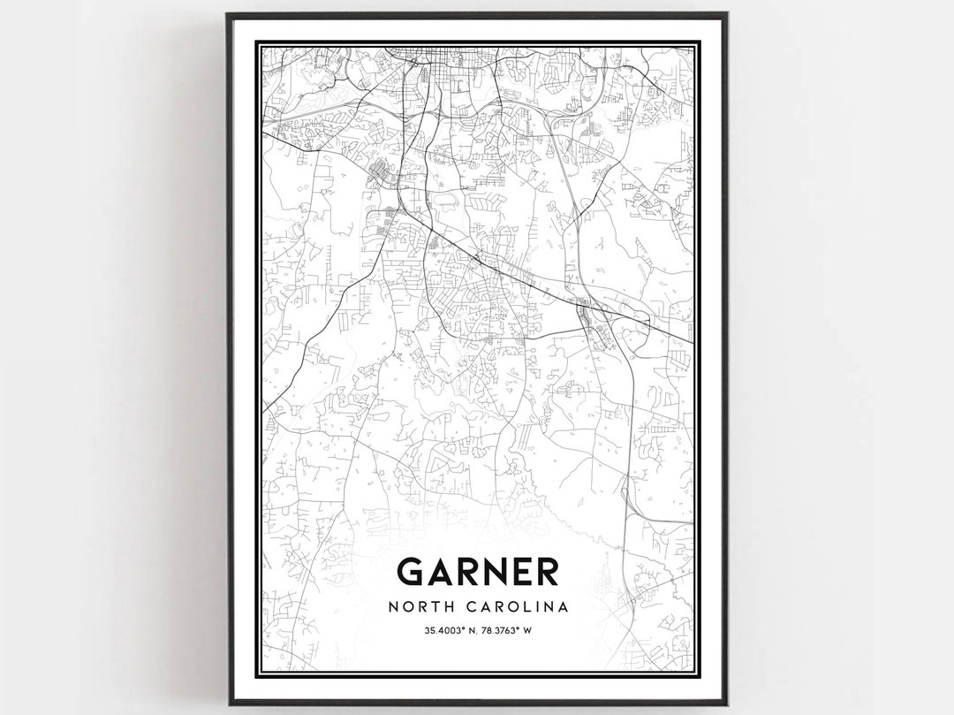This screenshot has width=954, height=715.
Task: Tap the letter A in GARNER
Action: pos(444,572)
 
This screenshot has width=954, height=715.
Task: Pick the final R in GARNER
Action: pos(551,572)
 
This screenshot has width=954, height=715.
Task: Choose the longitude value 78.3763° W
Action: pos(503,630)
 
